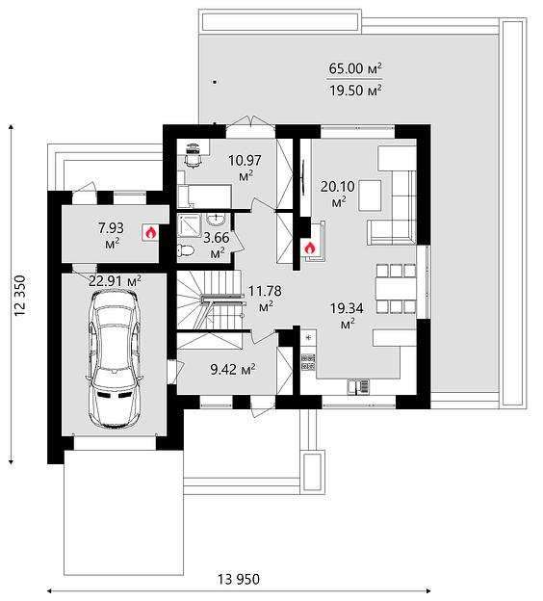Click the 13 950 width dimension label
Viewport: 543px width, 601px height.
tap(239, 579)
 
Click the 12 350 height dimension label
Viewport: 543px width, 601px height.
tap(20, 296)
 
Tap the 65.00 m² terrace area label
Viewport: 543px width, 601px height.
tap(355, 69)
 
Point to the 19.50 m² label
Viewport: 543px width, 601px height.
tap(355, 91)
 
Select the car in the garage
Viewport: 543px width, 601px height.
tap(115, 358)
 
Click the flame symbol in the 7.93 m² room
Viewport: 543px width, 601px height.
tap(150, 232)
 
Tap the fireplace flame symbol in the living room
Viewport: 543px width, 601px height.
tap(309, 248)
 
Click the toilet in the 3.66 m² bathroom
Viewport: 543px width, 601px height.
tap(186, 250)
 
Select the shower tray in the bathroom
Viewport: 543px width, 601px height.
tap(190, 225)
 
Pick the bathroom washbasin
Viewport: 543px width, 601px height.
tap(216, 220)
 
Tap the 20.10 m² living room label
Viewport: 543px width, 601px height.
tap(337, 193)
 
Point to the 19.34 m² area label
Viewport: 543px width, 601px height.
tap(347, 315)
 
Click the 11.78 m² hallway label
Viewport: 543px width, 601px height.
tap(265, 297)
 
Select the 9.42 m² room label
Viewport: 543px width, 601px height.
tap(233, 370)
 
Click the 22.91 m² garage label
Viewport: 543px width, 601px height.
tap(115, 281)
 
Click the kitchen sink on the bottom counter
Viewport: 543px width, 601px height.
tap(359, 386)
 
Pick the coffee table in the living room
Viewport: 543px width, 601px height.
tap(370, 196)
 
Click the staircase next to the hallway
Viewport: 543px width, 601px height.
tap(210, 300)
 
